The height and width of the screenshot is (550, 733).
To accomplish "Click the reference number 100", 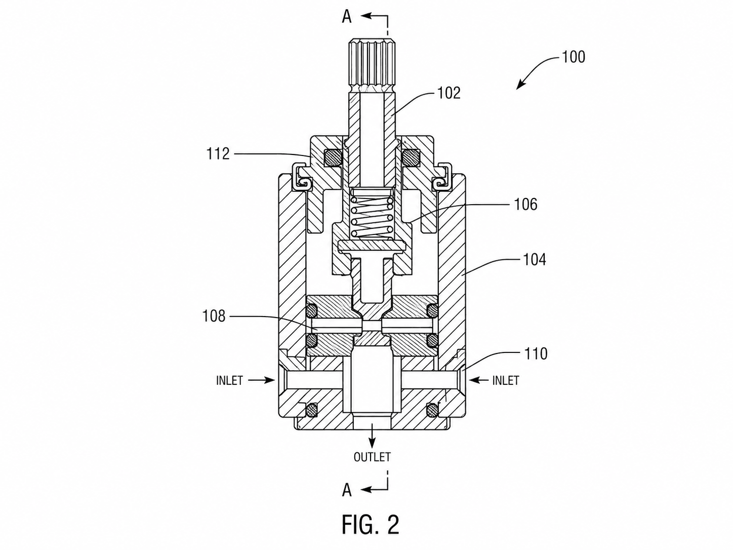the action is coord(574,57).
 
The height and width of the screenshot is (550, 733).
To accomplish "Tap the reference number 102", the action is coord(449,93).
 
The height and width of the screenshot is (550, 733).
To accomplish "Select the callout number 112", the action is coord(218,154).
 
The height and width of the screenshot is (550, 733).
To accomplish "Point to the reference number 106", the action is coord(525,205).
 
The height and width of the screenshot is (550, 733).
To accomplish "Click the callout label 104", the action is coord(534,259).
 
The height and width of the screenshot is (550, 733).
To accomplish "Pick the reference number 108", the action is coord(214,316).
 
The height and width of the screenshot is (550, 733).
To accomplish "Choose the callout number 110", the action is coord(536,354).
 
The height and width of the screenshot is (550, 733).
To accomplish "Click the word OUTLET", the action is coord(372,457).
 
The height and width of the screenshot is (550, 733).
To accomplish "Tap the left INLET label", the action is coord(229,381).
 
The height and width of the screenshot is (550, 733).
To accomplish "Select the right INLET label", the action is coord(506,381).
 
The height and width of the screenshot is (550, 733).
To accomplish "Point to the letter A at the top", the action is coord(347,17).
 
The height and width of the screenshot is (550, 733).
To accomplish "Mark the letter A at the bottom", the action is coord(347,491).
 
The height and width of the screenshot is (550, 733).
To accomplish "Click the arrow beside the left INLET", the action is coord(262,380).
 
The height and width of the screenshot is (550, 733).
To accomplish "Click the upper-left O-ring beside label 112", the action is coord(99,158).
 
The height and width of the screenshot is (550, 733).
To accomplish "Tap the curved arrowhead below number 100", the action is coord(520,85).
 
